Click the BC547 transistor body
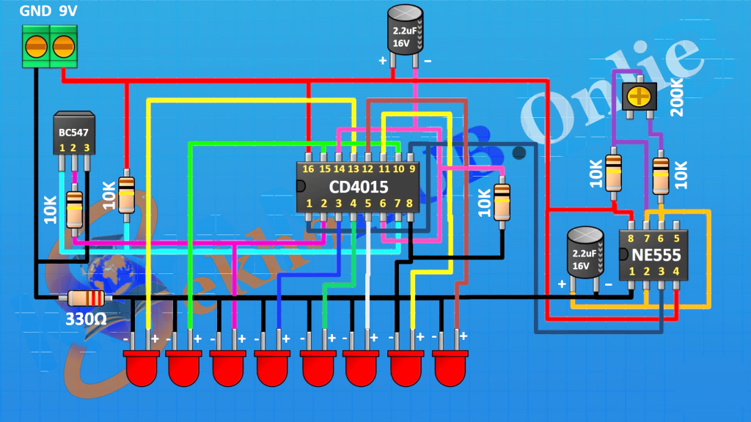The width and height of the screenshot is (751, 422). point(73,133)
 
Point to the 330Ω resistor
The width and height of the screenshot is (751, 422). point(87,298)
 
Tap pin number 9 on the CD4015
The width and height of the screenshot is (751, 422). point(412,169)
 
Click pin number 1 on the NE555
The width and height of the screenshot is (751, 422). point(631,272)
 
